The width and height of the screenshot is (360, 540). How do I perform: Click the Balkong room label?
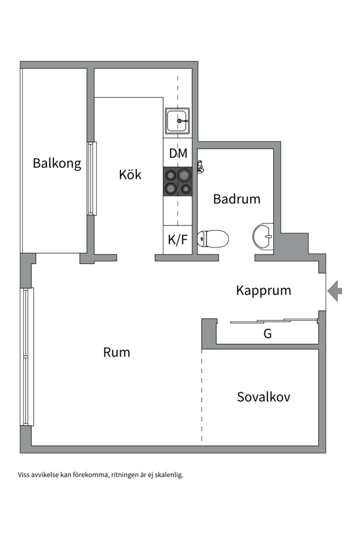pos(57,163)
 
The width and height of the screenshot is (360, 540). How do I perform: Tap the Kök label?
pos(130,174)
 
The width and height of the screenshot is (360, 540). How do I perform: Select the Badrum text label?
pos(236,199)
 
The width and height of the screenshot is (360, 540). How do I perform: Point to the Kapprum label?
pos(263,290)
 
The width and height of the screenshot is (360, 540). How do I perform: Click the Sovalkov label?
pos(263,397)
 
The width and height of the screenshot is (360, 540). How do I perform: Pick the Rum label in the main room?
pos(116,352)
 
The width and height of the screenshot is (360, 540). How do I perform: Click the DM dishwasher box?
pos(178,153)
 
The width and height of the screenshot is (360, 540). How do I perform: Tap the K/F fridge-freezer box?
pos(177,240)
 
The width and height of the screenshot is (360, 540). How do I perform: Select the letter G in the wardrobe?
pos(267,334)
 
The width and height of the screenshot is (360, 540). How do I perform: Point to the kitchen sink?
pos(177,120)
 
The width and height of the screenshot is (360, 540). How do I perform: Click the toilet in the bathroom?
pos(212,238)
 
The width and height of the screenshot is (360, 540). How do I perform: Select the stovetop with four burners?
pos(178,181)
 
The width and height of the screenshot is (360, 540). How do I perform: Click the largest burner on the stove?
pos(184,175)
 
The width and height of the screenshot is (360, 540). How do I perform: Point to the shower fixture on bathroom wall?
pos(200,167)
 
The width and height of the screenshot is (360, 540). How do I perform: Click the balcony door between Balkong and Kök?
pos(91,178)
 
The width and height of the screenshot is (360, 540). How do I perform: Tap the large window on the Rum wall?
pos(28,356)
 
